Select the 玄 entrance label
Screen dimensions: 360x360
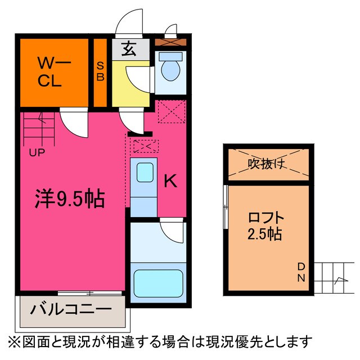129,49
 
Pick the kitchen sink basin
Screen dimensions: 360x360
144,172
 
